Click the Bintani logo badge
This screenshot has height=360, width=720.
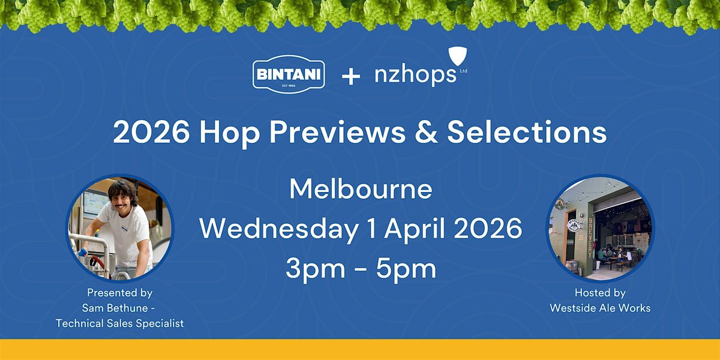(x=289, y=74)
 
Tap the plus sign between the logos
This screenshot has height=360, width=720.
(x=350, y=77)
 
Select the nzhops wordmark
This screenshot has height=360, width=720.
(x=415, y=74)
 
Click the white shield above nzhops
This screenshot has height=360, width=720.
(x=457, y=56)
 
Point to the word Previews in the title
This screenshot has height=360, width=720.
(x=337, y=132)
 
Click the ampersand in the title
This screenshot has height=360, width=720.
(x=427, y=132)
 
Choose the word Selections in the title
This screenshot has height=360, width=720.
(x=527, y=132)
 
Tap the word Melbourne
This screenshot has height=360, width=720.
(x=361, y=189)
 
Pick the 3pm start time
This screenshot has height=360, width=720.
(x=316, y=269)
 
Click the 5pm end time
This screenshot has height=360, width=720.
(x=406, y=269)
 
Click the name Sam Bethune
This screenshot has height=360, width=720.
(x=115, y=308)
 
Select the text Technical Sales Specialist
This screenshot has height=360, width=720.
(x=120, y=323)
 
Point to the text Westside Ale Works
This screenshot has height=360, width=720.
(x=600, y=308)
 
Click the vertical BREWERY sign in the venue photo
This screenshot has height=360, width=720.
(x=590, y=237)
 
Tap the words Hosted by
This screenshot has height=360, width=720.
(x=600, y=293)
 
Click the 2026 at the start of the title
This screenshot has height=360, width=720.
(x=151, y=132)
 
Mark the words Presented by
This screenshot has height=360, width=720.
(x=120, y=293)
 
